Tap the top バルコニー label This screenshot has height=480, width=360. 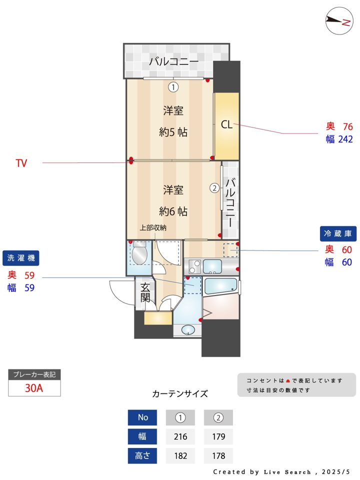point(173,62)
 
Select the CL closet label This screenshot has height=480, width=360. point(226,125)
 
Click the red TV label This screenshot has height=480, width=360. point(21,163)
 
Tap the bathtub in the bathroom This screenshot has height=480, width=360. point(220,286)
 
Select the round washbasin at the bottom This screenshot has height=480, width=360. point(188,329)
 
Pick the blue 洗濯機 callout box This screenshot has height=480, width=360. point(20,258)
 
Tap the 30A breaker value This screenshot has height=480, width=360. point(34,388)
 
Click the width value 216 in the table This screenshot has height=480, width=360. point(180,436)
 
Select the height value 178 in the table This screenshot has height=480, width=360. point(218,455)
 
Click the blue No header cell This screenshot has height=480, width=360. point(142,417)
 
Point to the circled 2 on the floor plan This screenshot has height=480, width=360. point(214,188)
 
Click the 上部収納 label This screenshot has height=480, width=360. point(153,227)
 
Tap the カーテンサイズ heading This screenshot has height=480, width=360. point(180,393)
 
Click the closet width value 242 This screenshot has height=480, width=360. point(345,139)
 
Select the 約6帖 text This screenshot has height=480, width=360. point(173,211)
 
